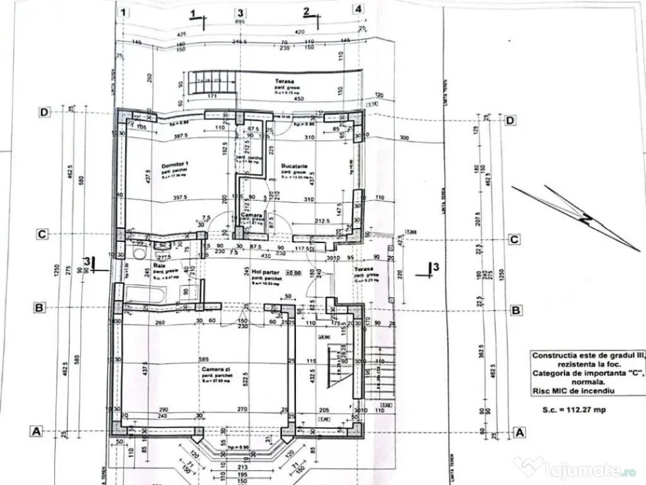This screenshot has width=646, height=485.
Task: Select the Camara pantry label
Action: coord(252,215)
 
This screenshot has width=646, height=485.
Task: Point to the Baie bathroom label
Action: coord(158,266)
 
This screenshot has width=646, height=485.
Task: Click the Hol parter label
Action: coord(256,272)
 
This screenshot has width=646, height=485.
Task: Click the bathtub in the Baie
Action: coord(144,293)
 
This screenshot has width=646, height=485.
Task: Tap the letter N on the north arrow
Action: coord(587,220)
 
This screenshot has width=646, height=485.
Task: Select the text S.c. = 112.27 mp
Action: coord(573,410)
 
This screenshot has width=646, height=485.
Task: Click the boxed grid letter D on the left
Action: coord(44,112)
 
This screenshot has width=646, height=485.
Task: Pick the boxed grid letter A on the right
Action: coord(520,432)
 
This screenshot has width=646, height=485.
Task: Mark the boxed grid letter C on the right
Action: coord(514,239)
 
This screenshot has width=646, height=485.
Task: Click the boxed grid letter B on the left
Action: coord(39,308)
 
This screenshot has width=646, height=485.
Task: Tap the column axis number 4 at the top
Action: coord(358,9)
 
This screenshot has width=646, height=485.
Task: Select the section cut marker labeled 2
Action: coord(307,12)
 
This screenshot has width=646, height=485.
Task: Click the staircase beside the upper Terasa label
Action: coord(214,80)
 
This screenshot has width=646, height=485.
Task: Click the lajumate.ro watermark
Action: coord(577,469)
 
